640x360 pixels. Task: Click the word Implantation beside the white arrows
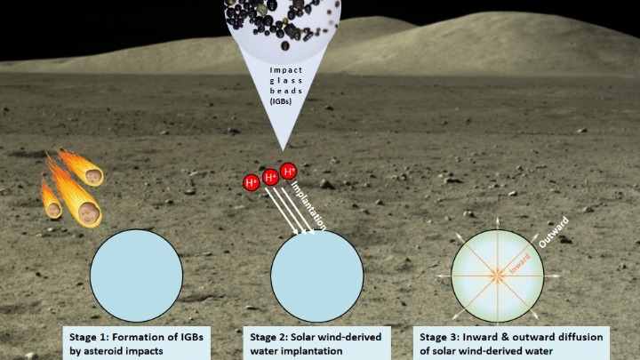308,205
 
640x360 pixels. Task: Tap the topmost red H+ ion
289,171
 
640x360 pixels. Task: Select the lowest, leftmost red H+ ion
251,182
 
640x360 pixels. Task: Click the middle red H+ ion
270,177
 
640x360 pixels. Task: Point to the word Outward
553,232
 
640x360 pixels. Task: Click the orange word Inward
520,263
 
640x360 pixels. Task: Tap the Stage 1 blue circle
136,276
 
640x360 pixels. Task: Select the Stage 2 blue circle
316,276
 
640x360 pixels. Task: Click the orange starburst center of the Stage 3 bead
498,276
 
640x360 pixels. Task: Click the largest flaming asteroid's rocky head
90,213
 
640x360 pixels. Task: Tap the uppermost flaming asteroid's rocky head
94,177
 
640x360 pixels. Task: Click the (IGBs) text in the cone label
281,100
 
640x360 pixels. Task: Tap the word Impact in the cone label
286,70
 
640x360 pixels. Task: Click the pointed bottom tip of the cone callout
282,149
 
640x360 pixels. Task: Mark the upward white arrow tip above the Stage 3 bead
498,219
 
